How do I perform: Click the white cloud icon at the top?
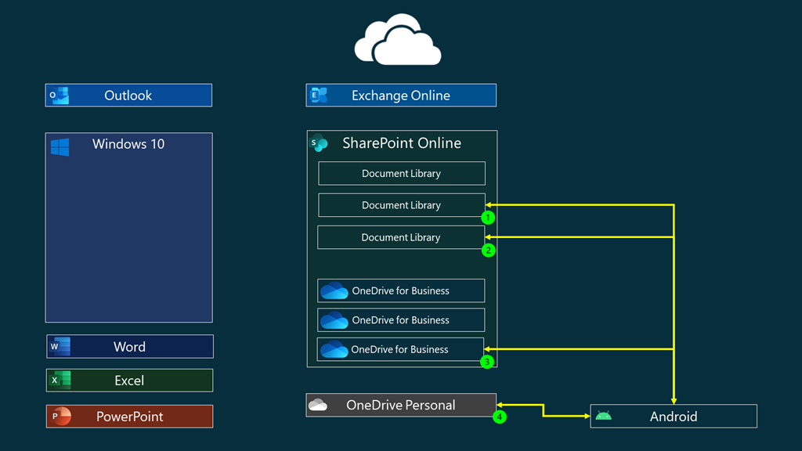click(398, 40)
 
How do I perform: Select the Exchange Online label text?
click(400, 96)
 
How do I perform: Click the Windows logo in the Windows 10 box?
click(60, 146)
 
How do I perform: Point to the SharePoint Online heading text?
click(401, 143)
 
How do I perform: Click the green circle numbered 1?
click(488, 217)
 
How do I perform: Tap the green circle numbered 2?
click(488, 250)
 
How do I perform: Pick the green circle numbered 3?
click(487, 362)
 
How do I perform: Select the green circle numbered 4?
click(500, 417)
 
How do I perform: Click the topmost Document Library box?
click(401, 173)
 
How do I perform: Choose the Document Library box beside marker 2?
click(400, 237)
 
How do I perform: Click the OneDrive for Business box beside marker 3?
click(400, 349)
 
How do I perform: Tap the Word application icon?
click(60, 346)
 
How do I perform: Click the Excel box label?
click(129, 381)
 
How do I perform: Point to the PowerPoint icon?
click(60, 416)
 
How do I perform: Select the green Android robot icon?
click(603, 416)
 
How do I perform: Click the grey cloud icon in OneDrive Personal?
click(318, 405)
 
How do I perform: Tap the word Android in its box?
click(673, 417)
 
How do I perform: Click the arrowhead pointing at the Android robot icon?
click(586, 416)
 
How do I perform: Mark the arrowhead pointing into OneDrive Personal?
click(500, 405)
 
